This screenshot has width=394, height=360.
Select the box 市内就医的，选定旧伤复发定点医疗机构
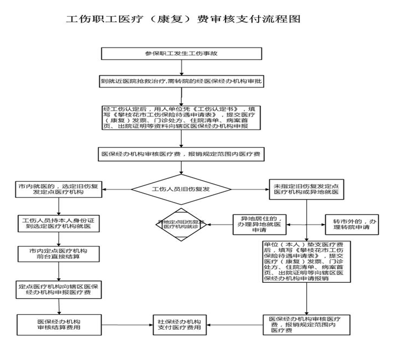coord(58,189)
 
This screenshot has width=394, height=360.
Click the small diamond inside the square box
coord(183,223)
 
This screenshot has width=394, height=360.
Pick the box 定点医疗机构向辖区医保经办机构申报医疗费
coord(58,289)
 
